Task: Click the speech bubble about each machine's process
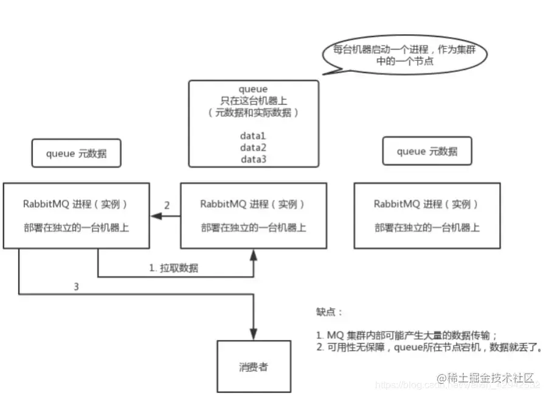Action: click(x=404, y=55)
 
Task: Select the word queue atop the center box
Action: click(x=254, y=89)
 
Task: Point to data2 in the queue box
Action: click(x=254, y=148)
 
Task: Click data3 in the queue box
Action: click(x=254, y=159)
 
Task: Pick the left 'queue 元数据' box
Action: click(x=77, y=153)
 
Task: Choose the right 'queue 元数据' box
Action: click(x=427, y=152)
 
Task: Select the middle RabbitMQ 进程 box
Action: click(x=254, y=215)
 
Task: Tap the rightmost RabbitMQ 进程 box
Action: click(x=427, y=215)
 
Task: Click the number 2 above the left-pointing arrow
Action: click(x=166, y=205)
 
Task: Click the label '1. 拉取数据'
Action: click(x=174, y=267)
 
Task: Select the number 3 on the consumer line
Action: click(x=76, y=285)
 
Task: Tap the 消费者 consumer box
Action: click(x=254, y=366)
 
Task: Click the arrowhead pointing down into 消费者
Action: click(x=254, y=336)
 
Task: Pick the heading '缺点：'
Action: click(x=330, y=312)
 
